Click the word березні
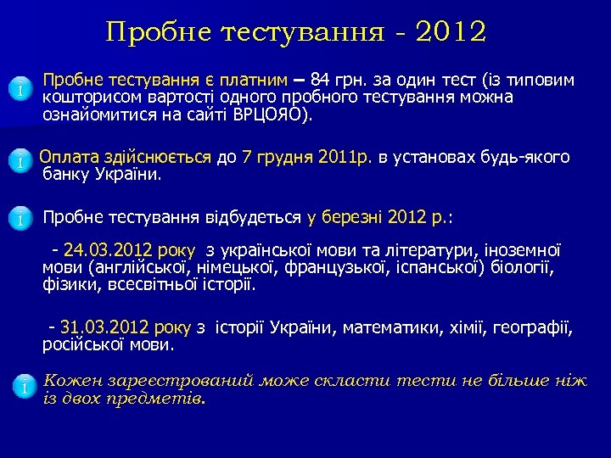tap(350, 217)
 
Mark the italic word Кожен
tap(70, 380)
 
